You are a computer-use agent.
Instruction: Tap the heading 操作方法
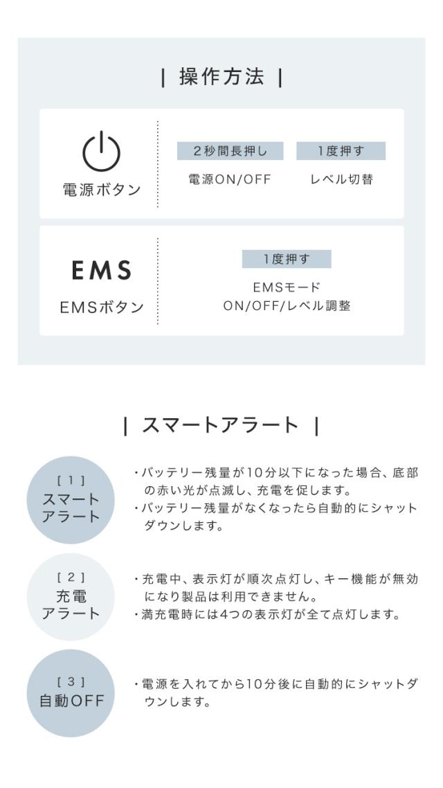coord(221,77)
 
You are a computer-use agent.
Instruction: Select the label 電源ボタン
coord(102,190)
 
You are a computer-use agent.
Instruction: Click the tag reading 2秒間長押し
coord(230,151)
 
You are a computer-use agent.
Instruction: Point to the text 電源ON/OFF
coord(230,179)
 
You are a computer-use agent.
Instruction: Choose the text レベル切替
coord(341,179)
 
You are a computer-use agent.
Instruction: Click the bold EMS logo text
coord(102,270)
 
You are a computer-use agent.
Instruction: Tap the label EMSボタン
coord(102,307)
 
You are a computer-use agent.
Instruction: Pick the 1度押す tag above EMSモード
coord(287,259)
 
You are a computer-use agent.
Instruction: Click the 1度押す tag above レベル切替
coord(341,151)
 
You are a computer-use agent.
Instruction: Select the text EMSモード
coord(287,287)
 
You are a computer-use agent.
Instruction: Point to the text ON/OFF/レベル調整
coord(287,305)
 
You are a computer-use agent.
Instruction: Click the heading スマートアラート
coord(221,426)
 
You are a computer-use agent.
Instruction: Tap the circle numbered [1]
coord(71,500)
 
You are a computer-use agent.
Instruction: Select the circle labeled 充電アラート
coord(71,597)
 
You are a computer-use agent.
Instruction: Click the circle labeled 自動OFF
coord(71,694)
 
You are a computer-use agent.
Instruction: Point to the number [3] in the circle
coord(71,682)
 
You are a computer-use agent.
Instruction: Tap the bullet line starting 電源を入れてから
coord(275,693)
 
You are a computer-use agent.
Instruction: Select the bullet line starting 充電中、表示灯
coord(275,588)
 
